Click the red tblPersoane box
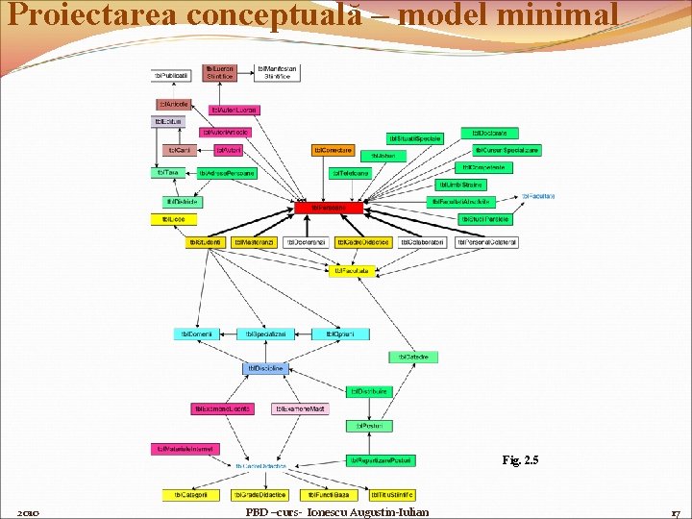(x=329, y=208)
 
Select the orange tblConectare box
(x=333, y=150)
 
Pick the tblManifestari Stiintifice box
(x=278, y=72)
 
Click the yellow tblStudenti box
(x=205, y=242)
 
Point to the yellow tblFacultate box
(x=351, y=271)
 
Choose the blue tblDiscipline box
(x=265, y=368)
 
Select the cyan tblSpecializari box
(x=265, y=334)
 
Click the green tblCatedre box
(x=414, y=357)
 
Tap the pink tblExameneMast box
(x=300, y=408)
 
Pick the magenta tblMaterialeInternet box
(x=185, y=448)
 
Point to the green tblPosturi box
(x=370, y=425)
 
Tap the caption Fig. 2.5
(x=521, y=460)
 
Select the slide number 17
(x=675, y=511)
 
